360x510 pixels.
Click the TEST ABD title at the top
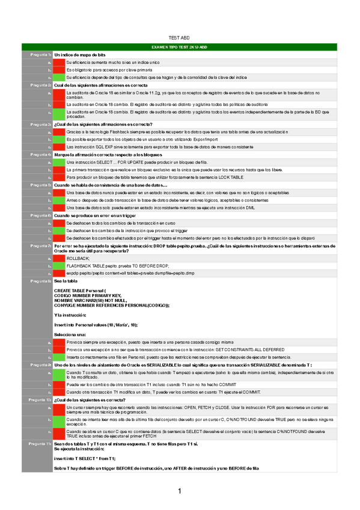[180, 37]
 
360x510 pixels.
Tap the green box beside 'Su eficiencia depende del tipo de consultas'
[59, 78]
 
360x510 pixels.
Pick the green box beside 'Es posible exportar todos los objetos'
[59, 139]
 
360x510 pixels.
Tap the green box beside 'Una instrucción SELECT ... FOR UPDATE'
[59, 162]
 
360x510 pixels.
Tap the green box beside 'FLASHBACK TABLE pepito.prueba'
[59, 265]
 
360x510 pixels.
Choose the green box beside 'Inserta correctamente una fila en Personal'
[59, 357]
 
